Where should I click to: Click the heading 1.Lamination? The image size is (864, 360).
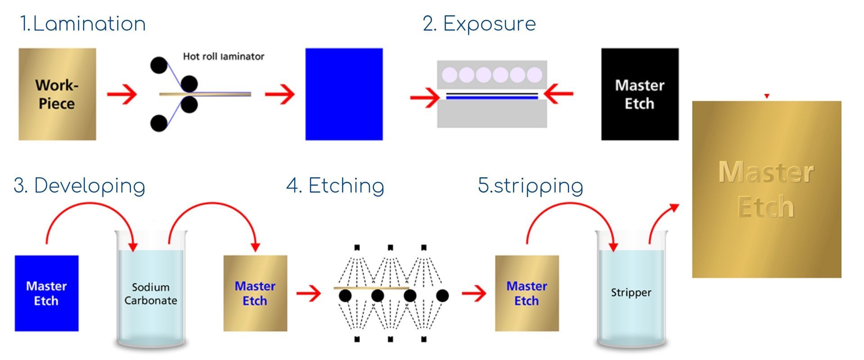[83, 24]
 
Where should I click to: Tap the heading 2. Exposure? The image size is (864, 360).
[479, 24]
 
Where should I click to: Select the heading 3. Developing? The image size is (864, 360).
[80, 186]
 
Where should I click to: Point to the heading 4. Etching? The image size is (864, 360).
[335, 186]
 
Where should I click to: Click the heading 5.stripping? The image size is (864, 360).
[531, 186]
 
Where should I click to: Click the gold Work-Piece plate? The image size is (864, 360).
[57, 94]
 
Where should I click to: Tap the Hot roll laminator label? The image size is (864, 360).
[223, 57]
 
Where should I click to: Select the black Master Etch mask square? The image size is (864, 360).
[639, 94]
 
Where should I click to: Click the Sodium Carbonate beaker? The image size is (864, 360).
[151, 292]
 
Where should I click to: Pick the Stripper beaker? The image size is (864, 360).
[631, 292]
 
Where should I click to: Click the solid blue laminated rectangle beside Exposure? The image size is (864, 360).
[344, 94]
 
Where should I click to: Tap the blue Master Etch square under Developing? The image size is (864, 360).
[46, 293]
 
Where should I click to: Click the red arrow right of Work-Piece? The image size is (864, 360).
[122, 94]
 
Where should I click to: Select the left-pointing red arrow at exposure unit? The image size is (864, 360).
[558, 94]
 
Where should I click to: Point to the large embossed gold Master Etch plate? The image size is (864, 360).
[766, 189]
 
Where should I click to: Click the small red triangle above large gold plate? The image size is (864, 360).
[767, 96]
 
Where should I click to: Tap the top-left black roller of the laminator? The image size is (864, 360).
[158, 65]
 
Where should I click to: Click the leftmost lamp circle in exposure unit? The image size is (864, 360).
[450, 75]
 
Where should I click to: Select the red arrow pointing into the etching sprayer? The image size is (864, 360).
[309, 294]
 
